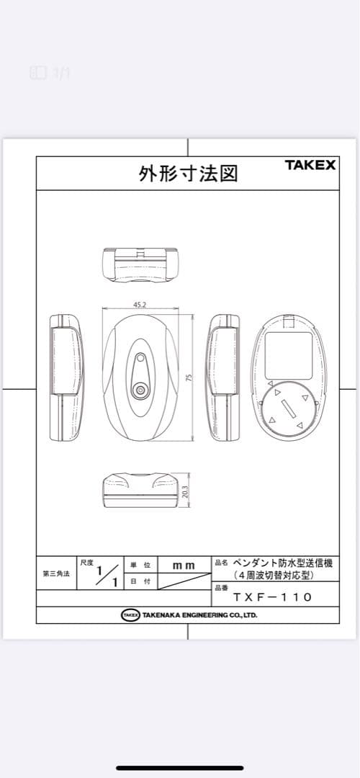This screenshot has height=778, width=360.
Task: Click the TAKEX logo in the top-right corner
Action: click(x=310, y=164)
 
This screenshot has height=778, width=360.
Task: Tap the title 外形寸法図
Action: click(x=188, y=174)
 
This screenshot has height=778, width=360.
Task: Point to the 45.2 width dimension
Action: click(x=140, y=305)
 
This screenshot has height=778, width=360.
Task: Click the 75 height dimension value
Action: click(x=189, y=377)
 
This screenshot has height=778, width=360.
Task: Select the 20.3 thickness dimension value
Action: click(x=185, y=492)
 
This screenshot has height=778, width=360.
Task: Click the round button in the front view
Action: click(x=140, y=391)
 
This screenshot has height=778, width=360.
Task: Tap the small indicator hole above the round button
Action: click(x=140, y=357)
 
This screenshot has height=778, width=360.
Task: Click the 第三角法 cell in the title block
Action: click(x=55, y=573)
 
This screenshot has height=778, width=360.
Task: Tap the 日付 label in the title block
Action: click(x=140, y=581)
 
